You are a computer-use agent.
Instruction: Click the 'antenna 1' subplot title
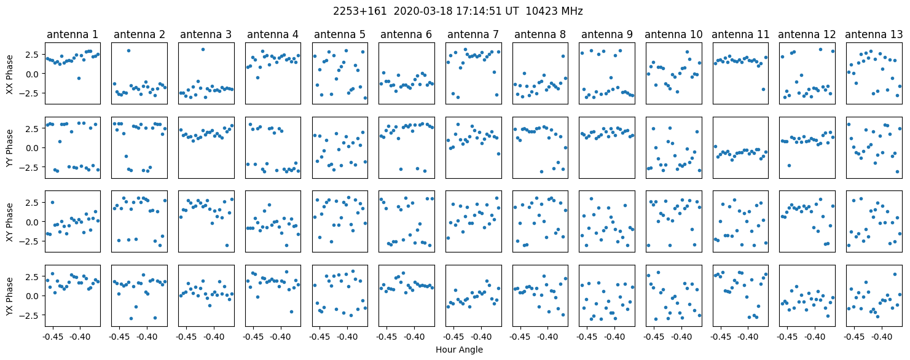(x=72, y=34)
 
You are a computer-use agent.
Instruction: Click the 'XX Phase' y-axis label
(x=9, y=73)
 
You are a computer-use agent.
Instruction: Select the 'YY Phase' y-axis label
(x=9, y=147)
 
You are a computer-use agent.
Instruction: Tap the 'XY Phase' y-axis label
(x=9, y=221)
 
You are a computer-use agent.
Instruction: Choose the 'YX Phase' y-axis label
(x=9, y=295)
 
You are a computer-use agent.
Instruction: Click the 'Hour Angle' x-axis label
(x=459, y=350)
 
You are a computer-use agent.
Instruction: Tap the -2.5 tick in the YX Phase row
(x=29, y=315)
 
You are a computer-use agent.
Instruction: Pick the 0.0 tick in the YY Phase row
(x=31, y=147)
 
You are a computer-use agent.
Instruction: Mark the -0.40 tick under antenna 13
(x=882, y=337)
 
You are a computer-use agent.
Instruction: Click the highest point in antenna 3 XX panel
(x=203, y=49)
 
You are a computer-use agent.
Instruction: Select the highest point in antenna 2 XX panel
(x=128, y=50)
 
